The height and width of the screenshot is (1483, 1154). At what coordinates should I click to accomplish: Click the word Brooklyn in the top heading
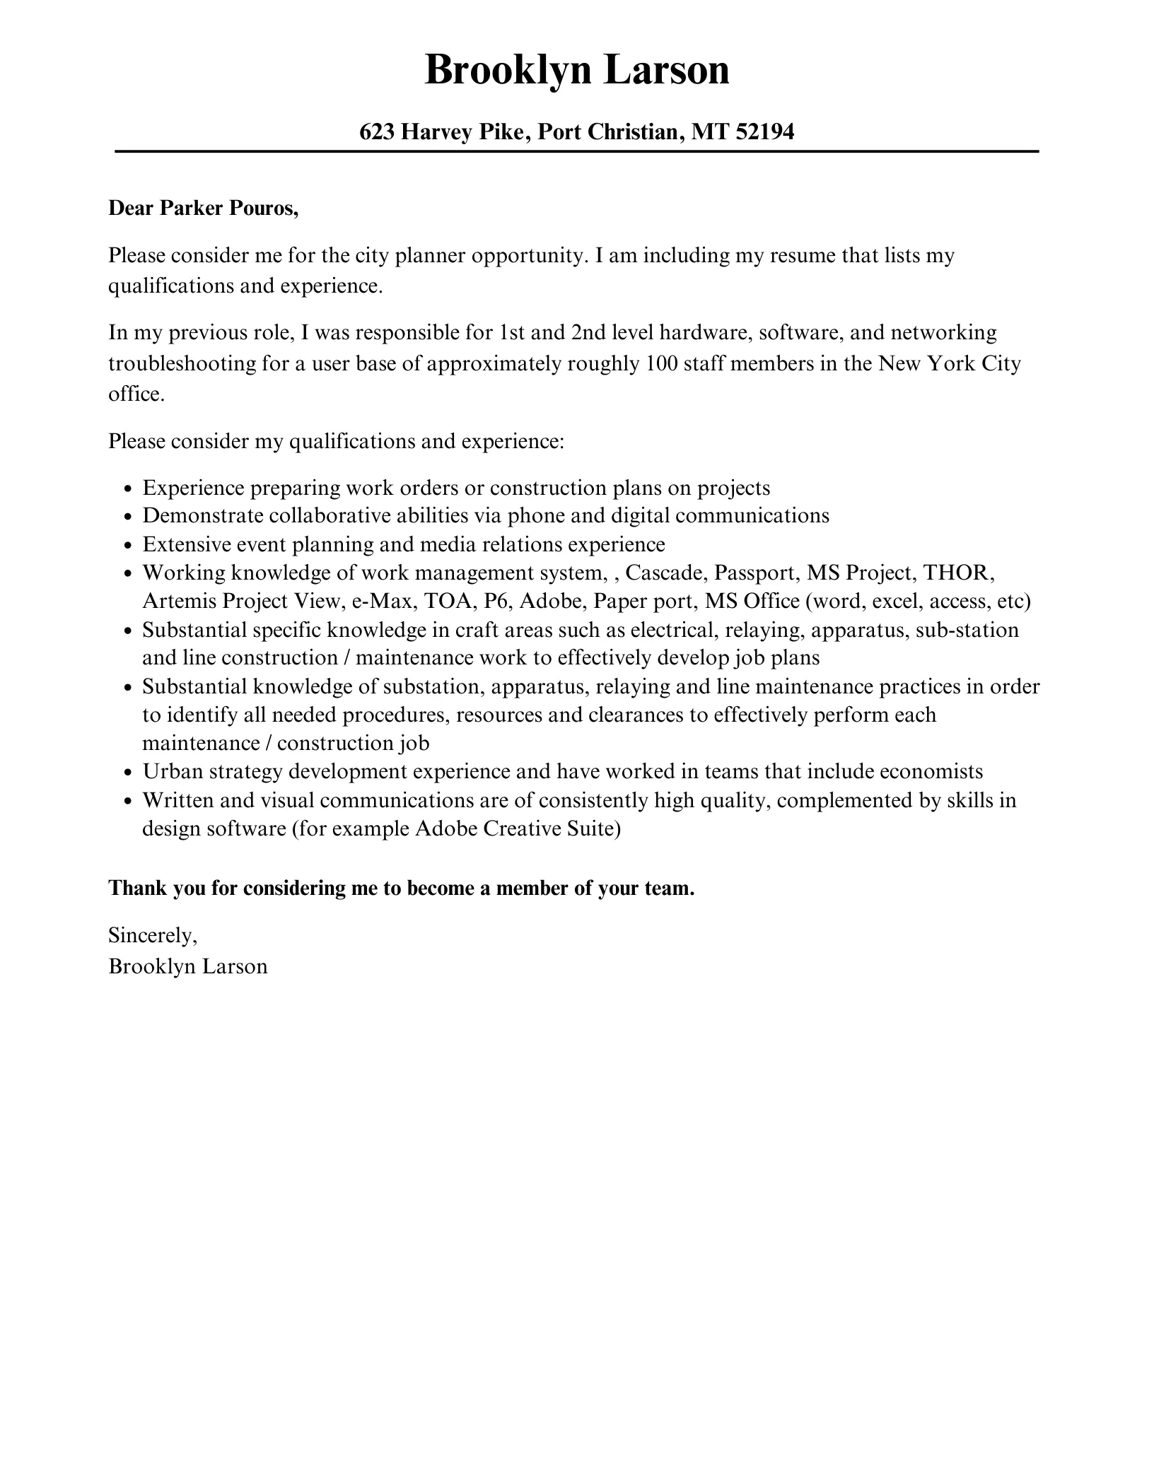click(x=506, y=71)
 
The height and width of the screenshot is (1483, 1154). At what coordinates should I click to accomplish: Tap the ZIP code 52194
click(x=765, y=131)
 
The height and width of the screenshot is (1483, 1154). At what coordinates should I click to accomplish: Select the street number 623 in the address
click(x=377, y=131)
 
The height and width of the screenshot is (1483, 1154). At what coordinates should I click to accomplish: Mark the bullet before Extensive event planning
click(x=128, y=546)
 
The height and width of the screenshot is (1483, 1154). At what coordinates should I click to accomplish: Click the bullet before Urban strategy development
click(x=128, y=773)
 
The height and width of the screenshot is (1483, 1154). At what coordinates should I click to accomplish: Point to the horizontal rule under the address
click(x=577, y=151)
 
